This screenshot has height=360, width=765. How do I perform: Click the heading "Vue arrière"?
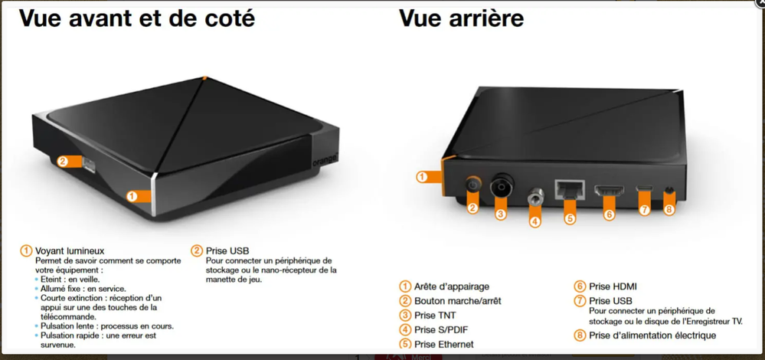(462, 18)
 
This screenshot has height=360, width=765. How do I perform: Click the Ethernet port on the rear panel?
(570, 188)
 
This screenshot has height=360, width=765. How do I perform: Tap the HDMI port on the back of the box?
(609, 191)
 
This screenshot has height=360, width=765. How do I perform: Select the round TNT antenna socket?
(502, 185)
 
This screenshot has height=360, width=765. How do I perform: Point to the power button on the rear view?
(472, 185)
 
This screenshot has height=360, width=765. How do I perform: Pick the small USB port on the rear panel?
(645, 188)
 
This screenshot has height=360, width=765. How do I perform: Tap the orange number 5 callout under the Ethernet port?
(570, 218)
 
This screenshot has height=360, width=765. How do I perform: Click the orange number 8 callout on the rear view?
(669, 210)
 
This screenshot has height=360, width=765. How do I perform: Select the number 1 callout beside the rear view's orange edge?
(422, 177)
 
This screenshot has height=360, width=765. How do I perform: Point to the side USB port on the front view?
(89, 165)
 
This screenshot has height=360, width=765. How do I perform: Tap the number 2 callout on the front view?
(63, 161)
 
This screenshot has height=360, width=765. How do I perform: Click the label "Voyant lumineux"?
(70, 251)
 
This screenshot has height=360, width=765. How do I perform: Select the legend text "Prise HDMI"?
(613, 286)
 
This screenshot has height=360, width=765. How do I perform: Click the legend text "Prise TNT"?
(435, 315)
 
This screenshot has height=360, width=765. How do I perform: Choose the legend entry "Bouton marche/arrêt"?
(458, 301)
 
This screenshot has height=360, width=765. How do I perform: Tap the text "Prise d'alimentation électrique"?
(652, 335)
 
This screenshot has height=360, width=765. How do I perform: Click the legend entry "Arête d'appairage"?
(452, 286)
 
